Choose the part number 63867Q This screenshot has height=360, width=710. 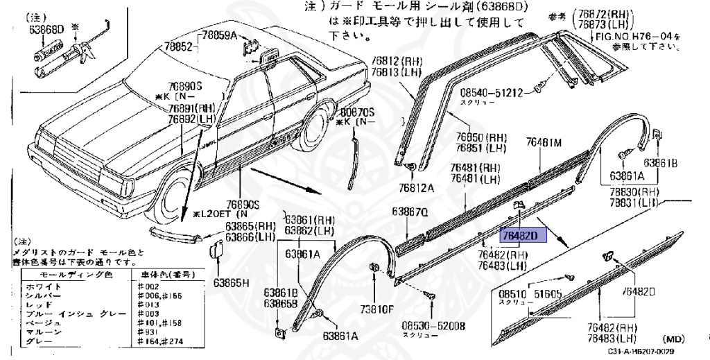click(x=410, y=212)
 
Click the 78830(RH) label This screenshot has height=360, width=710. click(x=634, y=191)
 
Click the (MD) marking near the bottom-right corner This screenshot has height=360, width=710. click(x=674, y=339)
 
